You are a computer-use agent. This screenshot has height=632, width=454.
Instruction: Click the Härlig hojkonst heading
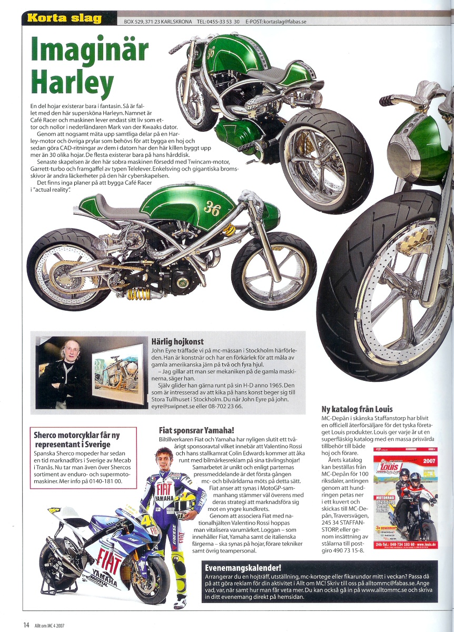pos(177,342)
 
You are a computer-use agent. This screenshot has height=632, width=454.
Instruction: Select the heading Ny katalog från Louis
pos(357,409)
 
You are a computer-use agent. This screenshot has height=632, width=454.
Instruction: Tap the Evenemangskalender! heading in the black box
pos(243,568)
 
